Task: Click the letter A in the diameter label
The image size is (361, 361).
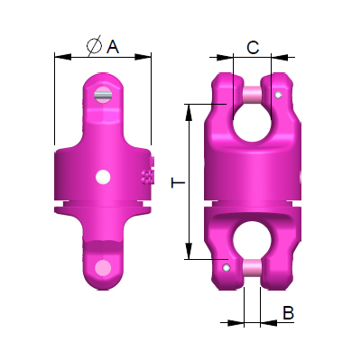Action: click(x=113, y=46)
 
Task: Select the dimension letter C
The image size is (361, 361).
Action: click(x=254, y=46)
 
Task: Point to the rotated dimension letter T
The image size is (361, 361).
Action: click(x=178, y=183)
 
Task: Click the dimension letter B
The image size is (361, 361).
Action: click(x=288, y=313)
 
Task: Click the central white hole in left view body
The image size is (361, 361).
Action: click(x=103, y=175)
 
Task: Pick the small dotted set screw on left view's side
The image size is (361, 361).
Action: click(x=148, y=175)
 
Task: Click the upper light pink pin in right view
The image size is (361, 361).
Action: click(x=252, y=91)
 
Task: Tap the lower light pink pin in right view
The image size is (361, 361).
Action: click(x=252, y=267)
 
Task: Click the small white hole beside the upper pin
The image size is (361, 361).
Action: click(x=281, y=94)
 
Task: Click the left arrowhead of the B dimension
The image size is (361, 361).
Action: click(x=238, y=320)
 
